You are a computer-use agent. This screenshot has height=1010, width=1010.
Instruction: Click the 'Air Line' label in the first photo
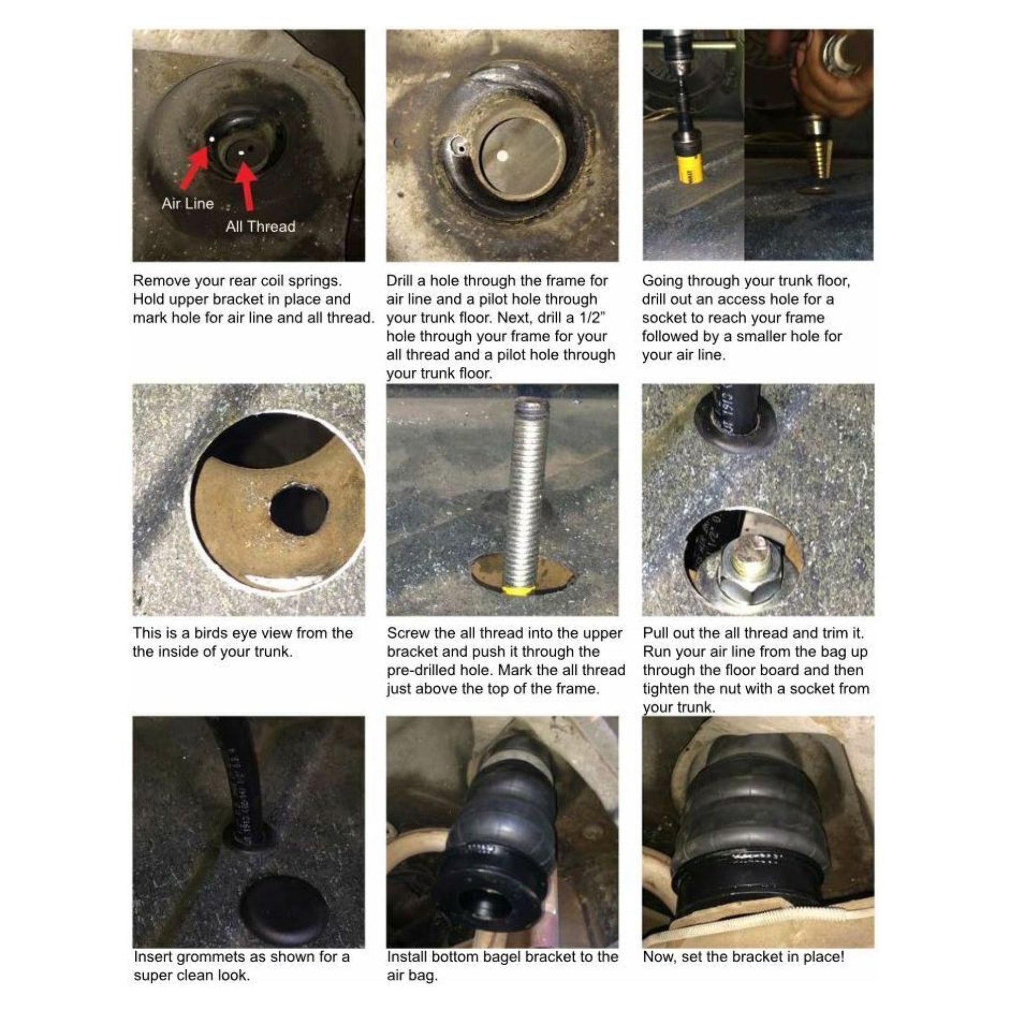[x=187, y=203]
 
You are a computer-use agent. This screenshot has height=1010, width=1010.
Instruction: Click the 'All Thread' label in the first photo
[x=260, y=226]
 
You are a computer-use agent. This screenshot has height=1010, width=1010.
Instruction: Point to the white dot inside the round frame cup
[x=502, y=156]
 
